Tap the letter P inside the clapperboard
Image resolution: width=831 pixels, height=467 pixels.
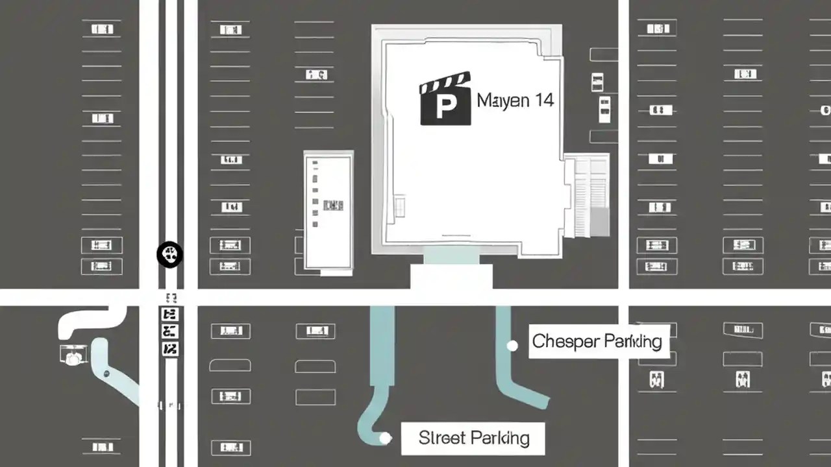445,107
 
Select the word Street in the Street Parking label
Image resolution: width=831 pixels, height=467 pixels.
441,438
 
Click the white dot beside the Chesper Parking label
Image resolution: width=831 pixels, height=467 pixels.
512,346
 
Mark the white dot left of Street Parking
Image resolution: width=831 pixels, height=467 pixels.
385,438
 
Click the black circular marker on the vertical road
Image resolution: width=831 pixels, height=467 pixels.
170,254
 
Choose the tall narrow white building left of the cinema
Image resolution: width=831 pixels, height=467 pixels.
329,210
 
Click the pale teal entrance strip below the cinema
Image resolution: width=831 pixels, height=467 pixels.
451,257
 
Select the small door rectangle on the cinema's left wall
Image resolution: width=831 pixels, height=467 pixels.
400,206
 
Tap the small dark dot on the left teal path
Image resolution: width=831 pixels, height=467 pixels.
106,374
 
